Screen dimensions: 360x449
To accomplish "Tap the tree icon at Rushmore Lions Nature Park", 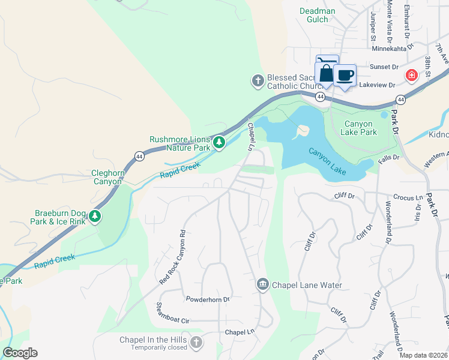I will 220,143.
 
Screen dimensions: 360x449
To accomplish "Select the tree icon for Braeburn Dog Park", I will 95,216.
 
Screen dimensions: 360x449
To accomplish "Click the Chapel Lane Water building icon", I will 262,284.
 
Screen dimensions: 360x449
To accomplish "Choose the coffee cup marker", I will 345,76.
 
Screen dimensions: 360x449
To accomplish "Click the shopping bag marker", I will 325,73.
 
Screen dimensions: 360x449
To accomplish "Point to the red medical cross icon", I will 411,76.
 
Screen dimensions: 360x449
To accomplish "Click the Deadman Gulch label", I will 314,15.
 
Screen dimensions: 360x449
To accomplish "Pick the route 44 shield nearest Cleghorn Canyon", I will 139,156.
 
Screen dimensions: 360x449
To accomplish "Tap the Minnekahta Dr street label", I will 393,49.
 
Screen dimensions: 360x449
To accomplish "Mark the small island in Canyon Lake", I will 302,130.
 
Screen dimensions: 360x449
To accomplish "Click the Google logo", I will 20,353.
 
